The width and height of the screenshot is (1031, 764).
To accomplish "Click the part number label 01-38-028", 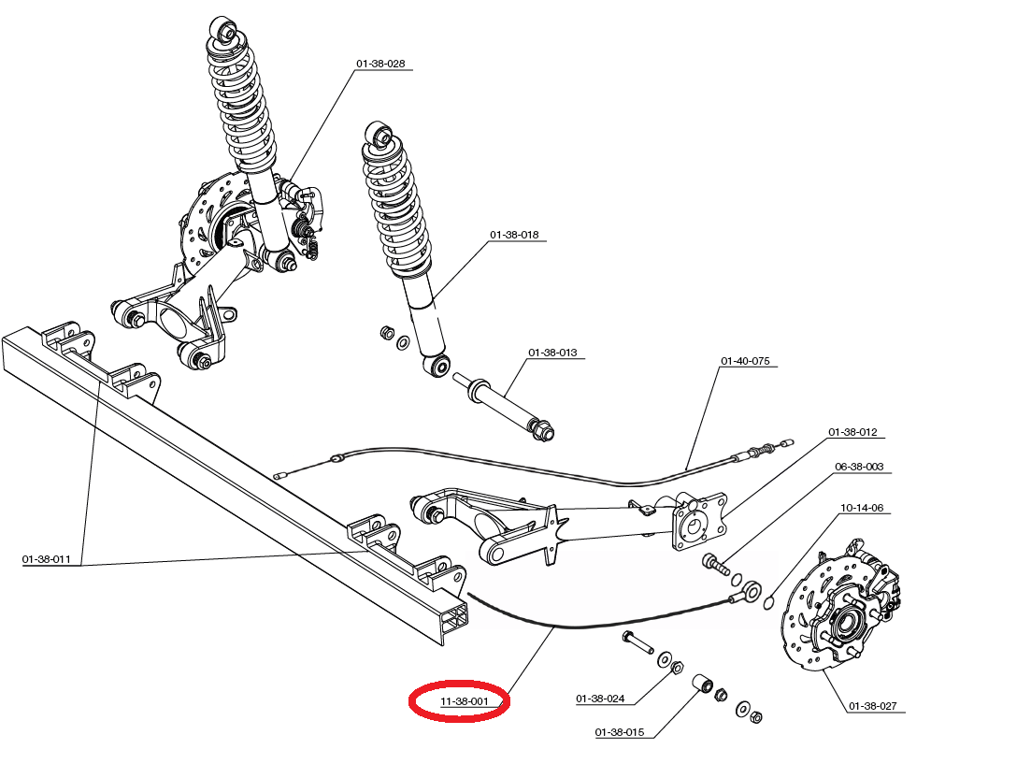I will pos(379,64).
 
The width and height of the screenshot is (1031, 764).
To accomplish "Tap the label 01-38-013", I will pos(552,353).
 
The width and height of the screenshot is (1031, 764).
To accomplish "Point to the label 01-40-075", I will pos(745,361).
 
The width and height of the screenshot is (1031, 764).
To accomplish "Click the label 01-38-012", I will pos(852,432).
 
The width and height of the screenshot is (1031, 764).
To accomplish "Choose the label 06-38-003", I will pos(858,466).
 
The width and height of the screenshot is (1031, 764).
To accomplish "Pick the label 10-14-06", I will pos(861,508).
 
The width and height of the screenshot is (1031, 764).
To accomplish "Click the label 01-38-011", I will pos(47,559).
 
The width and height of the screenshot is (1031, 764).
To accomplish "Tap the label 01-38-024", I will pos(600,699).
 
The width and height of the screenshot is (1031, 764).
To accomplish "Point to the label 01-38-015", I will pos(619,731).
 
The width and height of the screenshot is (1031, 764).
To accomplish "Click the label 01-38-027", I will pos(872,706).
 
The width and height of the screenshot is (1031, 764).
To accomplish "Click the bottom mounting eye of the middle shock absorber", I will pos(436,364).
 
